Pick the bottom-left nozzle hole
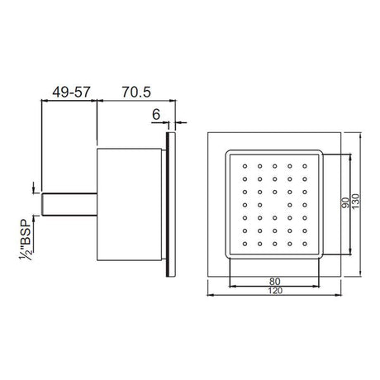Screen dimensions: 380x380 click(x=245, y=245)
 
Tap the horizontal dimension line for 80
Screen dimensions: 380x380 click(x=248, y=286)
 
